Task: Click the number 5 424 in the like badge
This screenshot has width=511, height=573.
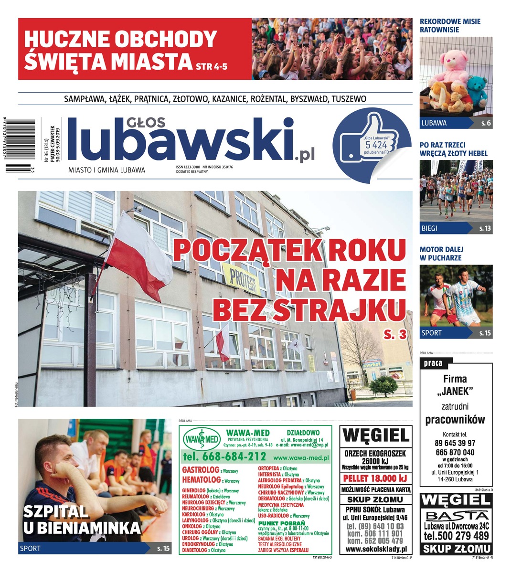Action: tap(375, 145)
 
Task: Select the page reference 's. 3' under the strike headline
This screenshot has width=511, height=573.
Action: tap(395, 335)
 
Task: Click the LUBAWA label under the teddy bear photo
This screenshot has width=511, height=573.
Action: tap(434, 123)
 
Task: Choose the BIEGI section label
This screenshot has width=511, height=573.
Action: tap(429, 228)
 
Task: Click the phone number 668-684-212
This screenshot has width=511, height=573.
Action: tap(224, 456)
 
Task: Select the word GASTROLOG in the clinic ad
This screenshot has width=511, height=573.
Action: tap(201, 470)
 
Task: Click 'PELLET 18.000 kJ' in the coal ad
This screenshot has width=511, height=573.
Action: tap(375, 478)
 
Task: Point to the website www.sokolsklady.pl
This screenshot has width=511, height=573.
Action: tap(375, 550)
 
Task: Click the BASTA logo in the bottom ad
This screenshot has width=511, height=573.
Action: tap(457, 516)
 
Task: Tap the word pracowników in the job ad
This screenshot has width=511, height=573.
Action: tap(455, 420)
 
